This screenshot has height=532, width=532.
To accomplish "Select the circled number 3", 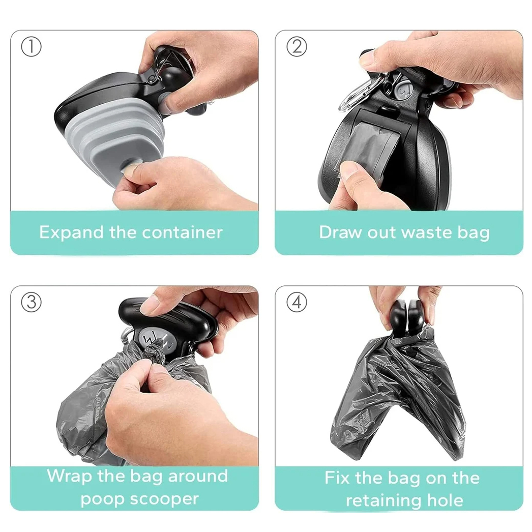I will click(x=31, y=302).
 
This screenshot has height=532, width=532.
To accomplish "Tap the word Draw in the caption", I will click(x=339, y=232).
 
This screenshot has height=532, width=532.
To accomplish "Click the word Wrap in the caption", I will click(x=69, y=477).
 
